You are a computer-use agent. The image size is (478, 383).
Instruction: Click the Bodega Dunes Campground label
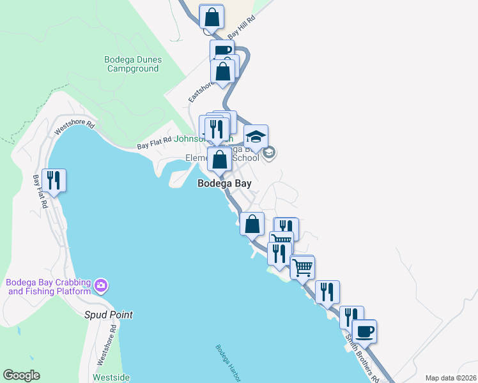point(133,64)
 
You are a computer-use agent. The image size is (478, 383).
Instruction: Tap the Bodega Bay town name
point(224,183)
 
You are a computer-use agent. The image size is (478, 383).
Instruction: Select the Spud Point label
point(109,315)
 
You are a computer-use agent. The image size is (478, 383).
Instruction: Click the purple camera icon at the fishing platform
point(100,285)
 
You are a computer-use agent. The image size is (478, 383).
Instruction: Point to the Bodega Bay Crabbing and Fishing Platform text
point(49,287)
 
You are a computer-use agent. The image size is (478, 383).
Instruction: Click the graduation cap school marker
point(256,137)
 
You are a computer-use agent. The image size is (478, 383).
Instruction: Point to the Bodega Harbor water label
point(227,363)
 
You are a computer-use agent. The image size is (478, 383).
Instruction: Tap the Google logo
point(21,375)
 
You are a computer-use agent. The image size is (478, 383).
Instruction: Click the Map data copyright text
point(450,378)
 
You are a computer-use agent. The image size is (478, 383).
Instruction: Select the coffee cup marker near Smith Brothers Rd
point(364,331)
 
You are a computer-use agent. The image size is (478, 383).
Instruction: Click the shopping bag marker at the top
point(212,17)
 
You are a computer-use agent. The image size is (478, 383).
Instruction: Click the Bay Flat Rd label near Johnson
point(155,144)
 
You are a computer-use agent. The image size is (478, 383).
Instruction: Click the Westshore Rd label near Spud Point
point(105,345)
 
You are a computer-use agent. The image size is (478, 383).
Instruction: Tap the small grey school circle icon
point(269,151)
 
